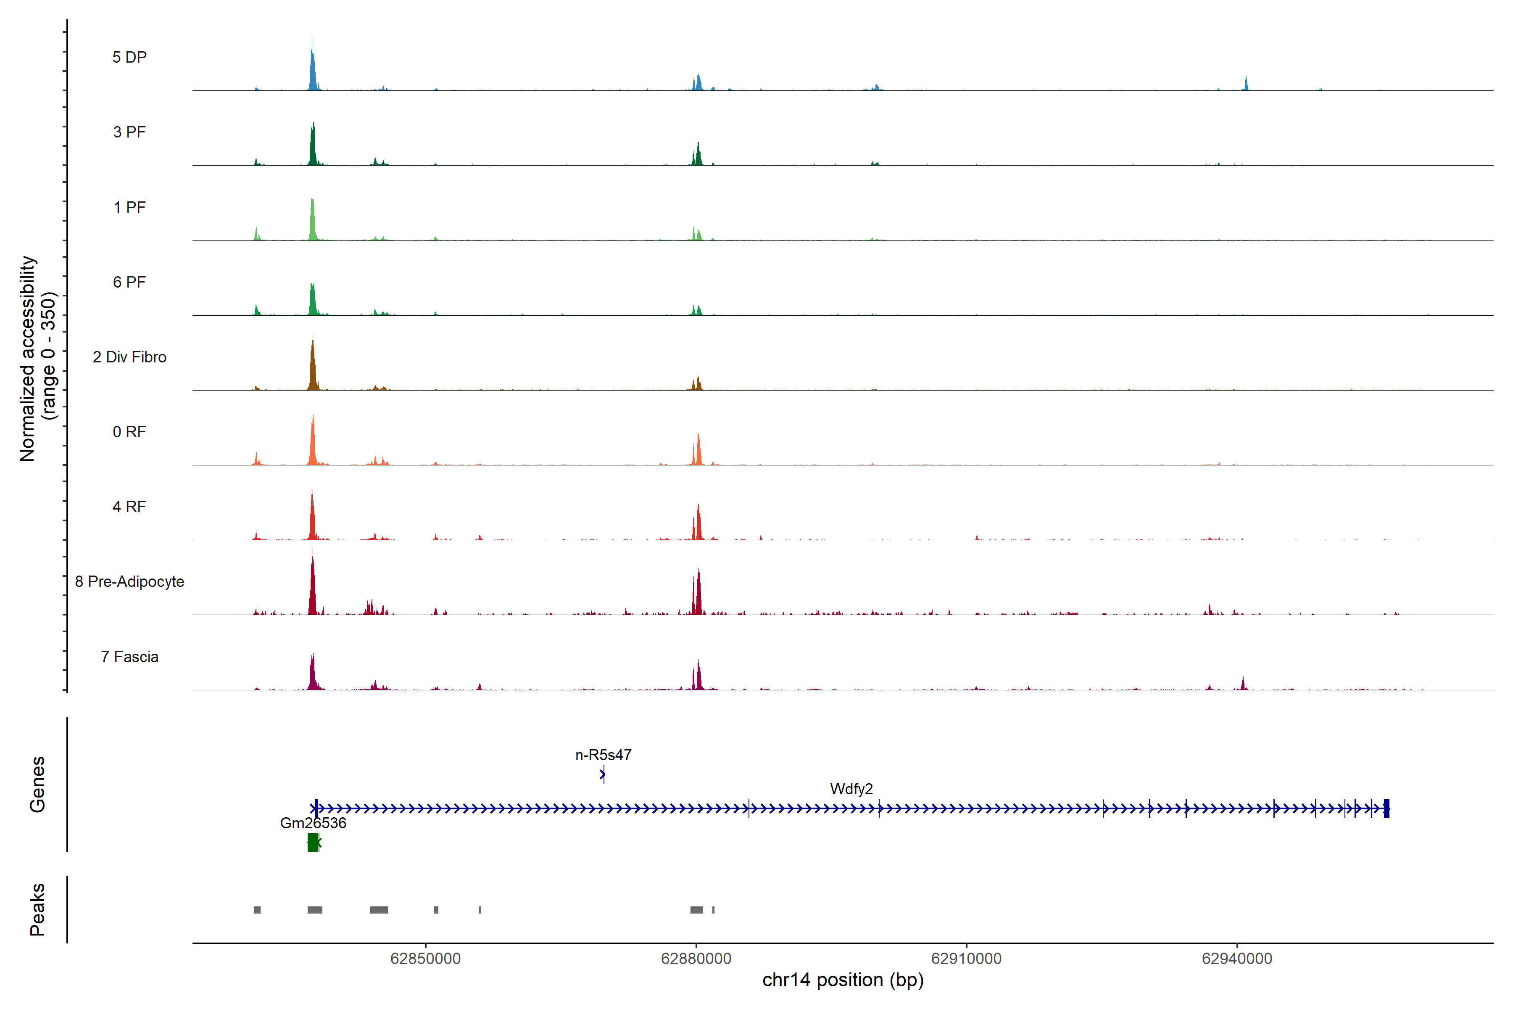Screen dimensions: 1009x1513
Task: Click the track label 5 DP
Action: point(129,57)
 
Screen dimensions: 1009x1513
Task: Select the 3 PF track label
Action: point(129,132)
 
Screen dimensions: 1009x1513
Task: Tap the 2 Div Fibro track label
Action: point(129,357)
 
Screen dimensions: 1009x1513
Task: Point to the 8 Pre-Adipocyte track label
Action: point(129,582)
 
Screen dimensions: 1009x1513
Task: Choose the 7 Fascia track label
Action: point(129,657)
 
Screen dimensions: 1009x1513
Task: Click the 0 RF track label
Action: point(129,432)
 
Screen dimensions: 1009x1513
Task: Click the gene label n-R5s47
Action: point(603,755)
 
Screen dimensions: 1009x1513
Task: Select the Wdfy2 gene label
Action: point(851,789)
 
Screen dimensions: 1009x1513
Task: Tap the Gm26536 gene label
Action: point(313,823)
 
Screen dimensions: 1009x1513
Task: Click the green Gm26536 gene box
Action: point(313,843)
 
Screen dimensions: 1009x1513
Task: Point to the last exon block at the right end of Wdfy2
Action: point(1386,808)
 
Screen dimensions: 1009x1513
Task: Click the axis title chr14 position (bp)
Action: point(843,980)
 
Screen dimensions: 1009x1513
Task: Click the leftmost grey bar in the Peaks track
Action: point(257,910)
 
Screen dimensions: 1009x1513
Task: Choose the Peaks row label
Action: point(37,909)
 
